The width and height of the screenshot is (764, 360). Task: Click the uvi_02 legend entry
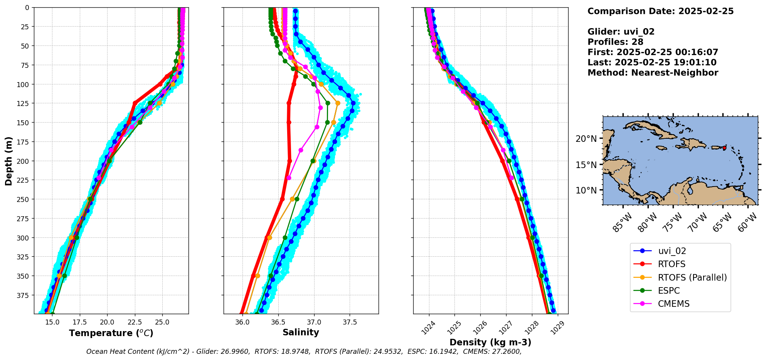pyautogui.click(x=672, y=251)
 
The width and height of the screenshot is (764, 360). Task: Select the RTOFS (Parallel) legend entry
pyautogui.click(x=692, y=278)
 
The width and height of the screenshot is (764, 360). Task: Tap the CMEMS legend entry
pyautogui.click(x=673, y=304)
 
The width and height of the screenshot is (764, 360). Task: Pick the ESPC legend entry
pyautogui.click(x=669, y=291)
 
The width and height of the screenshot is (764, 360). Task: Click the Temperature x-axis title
pyautogui.click(x=111, y=333)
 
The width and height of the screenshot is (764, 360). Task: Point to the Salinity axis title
pyautogui.click(x=301, y=333)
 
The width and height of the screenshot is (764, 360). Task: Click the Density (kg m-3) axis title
pyautogui.click(x=490, y=342)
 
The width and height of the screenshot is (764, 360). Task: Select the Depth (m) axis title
pyautogui.click(x=9, y=161)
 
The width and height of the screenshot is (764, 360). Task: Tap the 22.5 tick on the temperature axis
pyautogui.click(x=135, y=322)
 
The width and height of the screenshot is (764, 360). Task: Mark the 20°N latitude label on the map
pyautogui.click(x=586, y=139)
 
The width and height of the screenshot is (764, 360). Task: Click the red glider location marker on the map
pyautogui.click(x=724, y=148)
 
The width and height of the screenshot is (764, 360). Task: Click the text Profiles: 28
pyautogui.click(x=615, y=42)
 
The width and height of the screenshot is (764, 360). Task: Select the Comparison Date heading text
pyautogui.click(x=660, y=11)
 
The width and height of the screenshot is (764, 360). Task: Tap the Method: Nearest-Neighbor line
pyautogui.click(x=653, y=73)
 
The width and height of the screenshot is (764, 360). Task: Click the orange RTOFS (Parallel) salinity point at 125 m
pyautogui.click(x=338, y=103)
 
